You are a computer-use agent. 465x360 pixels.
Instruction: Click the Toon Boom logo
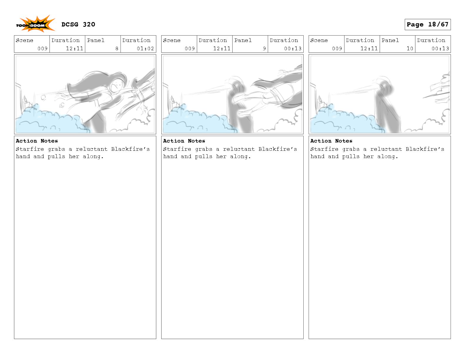click(35, 24)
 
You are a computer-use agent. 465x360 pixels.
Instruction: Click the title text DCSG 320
click(78, 24)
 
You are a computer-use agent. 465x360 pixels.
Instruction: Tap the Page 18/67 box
click(427, 24)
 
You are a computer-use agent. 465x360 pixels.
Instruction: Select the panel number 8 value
click(117, 48)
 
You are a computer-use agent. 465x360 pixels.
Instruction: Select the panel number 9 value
click(264, 48)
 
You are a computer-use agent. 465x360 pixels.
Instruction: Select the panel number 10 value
click(410, 48)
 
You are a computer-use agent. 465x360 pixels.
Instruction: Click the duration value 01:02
click(145, 48)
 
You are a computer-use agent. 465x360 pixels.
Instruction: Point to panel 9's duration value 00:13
click(293, 48)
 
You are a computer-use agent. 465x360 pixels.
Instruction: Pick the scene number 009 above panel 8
click(43, 48)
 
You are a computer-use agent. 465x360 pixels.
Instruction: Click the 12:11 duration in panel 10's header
click(369, 48)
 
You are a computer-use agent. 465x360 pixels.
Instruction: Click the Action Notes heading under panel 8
click(37, 141)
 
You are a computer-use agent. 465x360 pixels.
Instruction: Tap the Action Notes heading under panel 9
click(184, 141)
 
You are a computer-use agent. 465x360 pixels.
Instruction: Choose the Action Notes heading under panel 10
click(331, 141)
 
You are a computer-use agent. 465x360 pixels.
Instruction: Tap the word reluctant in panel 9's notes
click(239, 149)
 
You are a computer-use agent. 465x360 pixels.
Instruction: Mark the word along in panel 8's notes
click(93, 157)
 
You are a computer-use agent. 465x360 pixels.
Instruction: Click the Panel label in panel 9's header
click(243, 40)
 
